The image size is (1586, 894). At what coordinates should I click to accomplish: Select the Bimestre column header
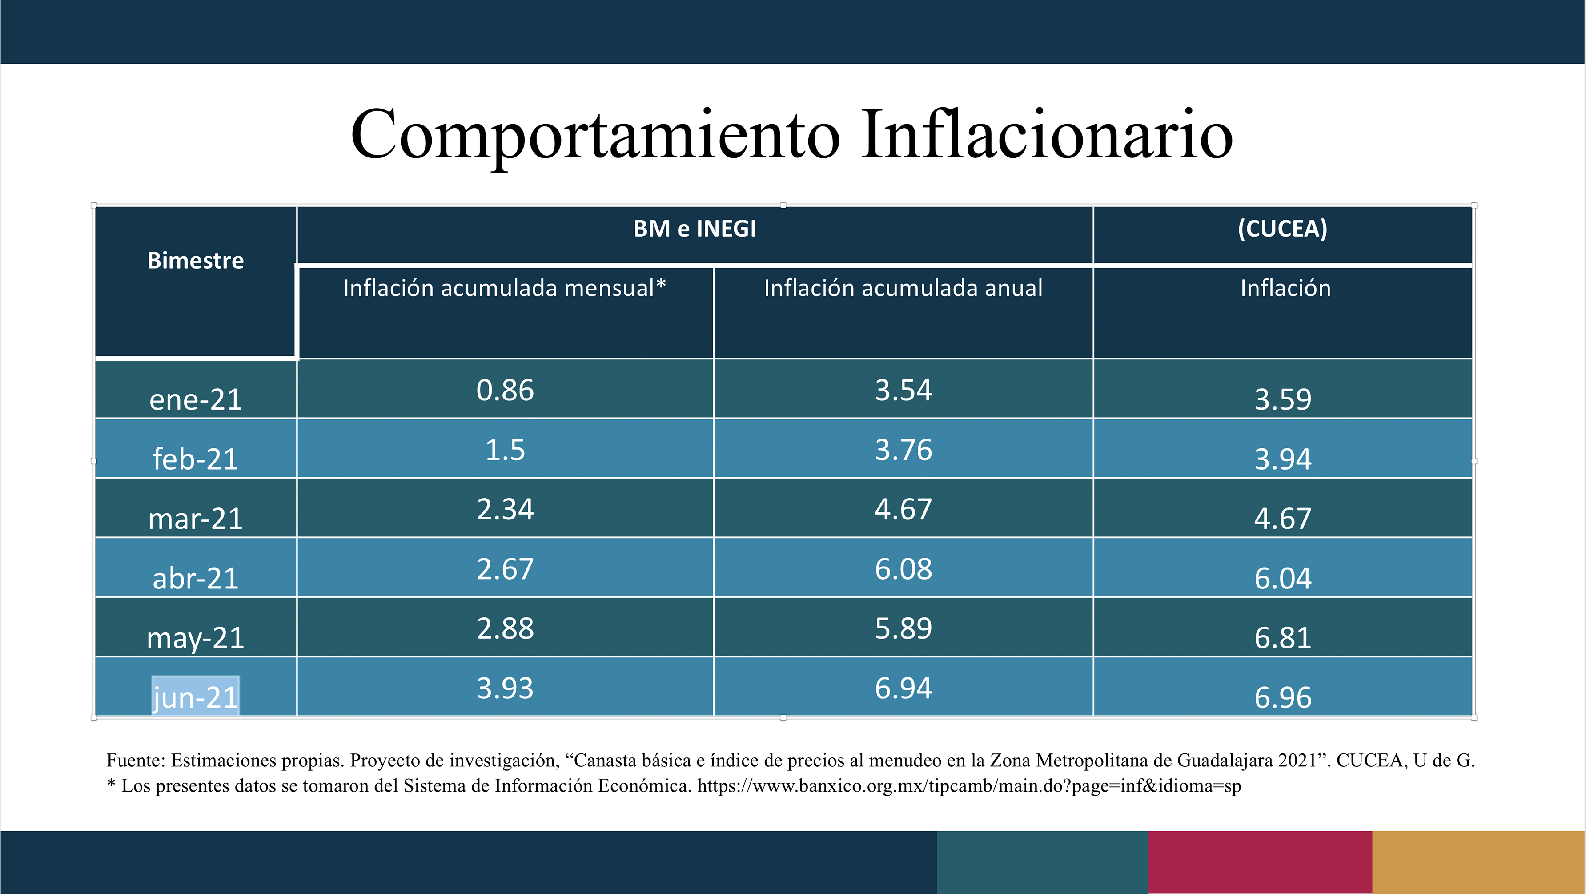[195, 261]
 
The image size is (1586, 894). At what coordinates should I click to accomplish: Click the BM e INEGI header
[695, 229]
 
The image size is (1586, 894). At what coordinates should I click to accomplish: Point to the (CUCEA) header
[1282, 229]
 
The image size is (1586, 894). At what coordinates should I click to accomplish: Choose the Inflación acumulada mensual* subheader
[504, 288]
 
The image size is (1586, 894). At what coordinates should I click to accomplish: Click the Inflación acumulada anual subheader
[903, 288]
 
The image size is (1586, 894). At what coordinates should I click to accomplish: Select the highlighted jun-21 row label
[195, 697]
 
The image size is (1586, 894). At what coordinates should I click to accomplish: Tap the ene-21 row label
[195, 399]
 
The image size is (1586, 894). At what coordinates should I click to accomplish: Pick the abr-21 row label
[195, 578]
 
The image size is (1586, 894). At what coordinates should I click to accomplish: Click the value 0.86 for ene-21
[505, 391]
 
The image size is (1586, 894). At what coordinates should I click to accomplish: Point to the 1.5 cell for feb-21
[505, 450]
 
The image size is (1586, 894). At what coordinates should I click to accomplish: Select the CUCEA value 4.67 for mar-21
[1282, 519]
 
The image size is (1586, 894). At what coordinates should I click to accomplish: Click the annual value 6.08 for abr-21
[903, 569]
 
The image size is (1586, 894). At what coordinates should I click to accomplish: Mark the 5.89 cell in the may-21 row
[903, 628]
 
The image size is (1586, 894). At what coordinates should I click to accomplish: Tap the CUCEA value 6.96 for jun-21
[1282, 697]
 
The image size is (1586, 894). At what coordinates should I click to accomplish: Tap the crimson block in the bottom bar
[1260, 862]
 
